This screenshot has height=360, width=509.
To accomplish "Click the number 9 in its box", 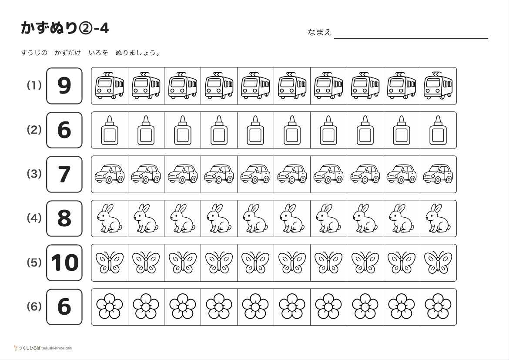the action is click(64, 86).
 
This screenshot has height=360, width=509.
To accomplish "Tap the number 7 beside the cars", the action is click(64, 175).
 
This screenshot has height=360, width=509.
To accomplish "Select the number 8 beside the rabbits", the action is click(64, 219).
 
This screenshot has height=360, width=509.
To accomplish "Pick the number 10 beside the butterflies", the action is click(64, 262).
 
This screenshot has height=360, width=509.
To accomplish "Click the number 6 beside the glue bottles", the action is click(64, 130).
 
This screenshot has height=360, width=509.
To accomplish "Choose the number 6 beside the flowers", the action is click(64, 307).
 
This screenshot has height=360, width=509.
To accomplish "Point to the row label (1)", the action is click(34, 85).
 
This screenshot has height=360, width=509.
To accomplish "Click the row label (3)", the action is click(34, 174).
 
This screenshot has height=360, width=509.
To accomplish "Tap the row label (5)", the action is click(34, 262).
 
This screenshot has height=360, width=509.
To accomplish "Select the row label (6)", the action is click(34, 306).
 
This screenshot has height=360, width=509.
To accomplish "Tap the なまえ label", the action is click(319, 32).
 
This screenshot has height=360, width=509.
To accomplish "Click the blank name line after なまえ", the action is click(411, 38).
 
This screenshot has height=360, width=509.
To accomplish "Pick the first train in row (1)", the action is click(110, 85).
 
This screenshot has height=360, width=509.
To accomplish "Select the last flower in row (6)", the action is click(438, 306).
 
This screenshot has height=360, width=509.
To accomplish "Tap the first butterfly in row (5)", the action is click(110, 262).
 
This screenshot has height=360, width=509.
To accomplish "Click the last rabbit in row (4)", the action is click(438, 219).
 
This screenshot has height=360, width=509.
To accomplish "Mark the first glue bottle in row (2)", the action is click(110, 130).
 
